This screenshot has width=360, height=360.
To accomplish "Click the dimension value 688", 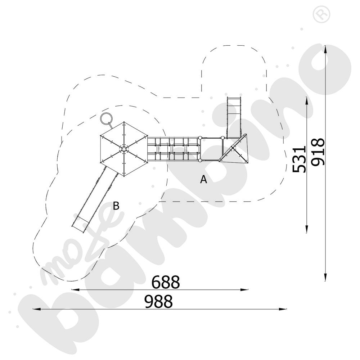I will coord(165,282).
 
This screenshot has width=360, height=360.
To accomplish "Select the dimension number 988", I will coord(158,302).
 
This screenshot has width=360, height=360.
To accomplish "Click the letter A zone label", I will coord(204,179).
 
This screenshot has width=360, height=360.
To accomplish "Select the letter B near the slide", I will coord(116,206).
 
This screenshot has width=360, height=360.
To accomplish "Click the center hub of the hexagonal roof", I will coord(124,149).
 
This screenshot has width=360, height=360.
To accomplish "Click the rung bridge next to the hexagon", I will coord(174,149).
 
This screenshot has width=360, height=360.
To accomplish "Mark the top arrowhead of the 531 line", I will coord(307,101).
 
